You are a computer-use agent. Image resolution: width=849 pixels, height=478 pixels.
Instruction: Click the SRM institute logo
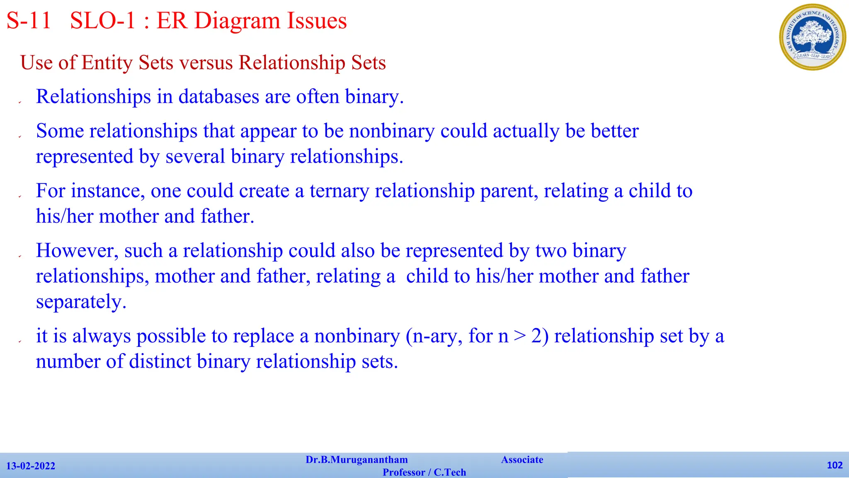813,37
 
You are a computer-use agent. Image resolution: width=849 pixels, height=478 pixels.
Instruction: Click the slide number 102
834,465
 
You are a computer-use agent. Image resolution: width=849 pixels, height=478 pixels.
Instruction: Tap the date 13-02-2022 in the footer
31,466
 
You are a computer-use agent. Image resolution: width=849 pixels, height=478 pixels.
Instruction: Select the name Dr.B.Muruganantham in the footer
357,460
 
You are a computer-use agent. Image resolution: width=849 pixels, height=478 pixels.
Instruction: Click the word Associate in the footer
522,460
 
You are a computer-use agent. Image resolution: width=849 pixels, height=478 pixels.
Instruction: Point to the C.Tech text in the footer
450,472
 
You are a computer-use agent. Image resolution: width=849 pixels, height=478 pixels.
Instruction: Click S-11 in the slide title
29,21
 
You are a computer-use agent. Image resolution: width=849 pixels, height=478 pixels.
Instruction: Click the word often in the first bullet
317,97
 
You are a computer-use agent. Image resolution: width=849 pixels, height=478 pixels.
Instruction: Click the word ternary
339,191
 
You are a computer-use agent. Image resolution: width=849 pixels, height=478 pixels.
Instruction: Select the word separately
81,302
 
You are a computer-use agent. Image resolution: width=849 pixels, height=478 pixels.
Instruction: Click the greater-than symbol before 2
519,336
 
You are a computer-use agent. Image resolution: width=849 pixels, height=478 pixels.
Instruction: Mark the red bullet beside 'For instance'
20,196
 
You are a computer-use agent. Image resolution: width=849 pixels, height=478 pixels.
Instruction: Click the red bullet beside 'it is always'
20,341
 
